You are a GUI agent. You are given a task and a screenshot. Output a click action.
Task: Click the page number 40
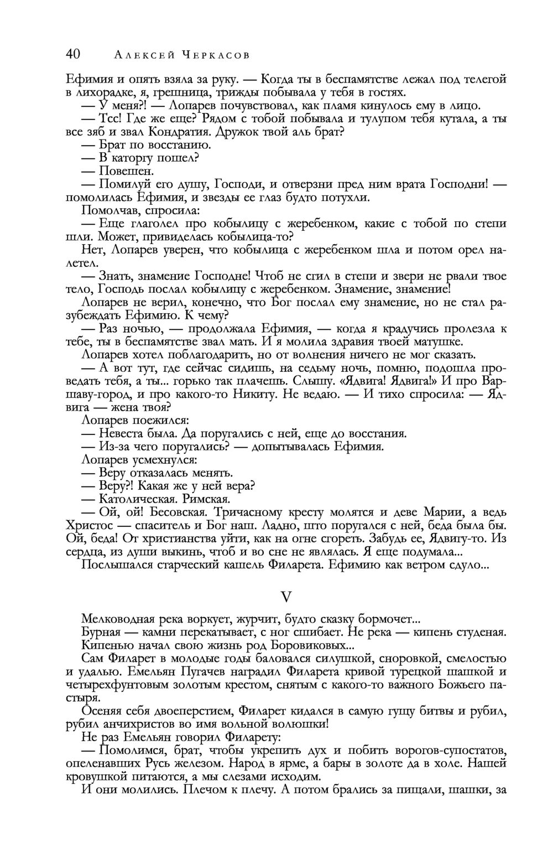[74, 54]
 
